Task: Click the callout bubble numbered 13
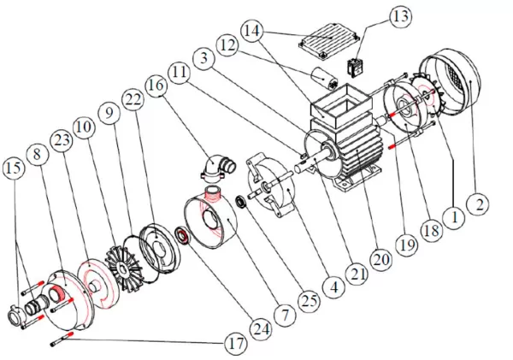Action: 399,16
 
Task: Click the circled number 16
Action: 156,86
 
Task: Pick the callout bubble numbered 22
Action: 131,102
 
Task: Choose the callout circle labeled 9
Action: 105,111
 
